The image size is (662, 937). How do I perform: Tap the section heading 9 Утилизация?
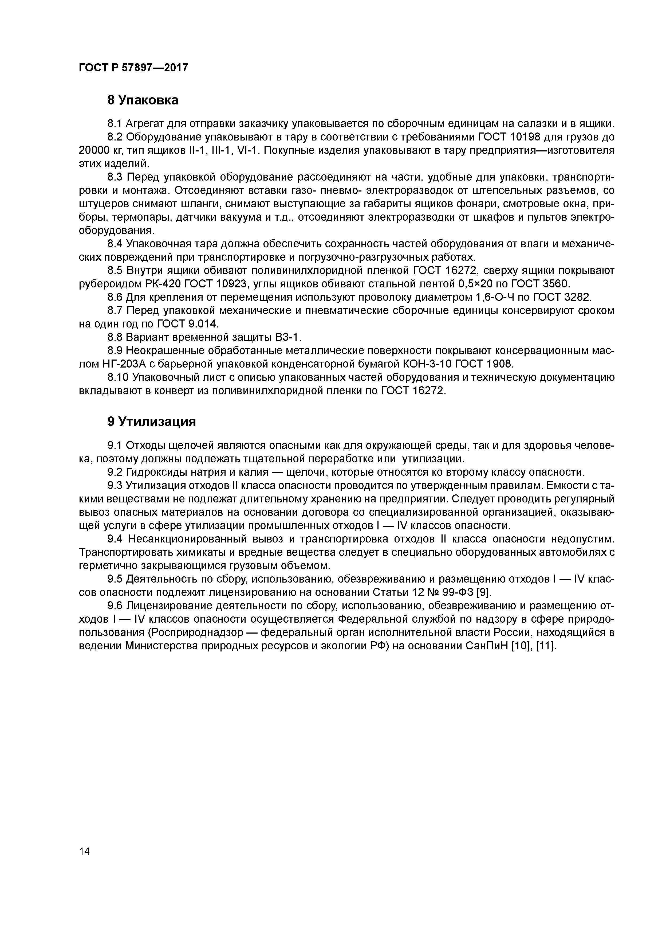pos(152,422)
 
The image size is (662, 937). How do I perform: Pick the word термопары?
pos(144,217)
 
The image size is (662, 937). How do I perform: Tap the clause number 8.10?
pos(118,377)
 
